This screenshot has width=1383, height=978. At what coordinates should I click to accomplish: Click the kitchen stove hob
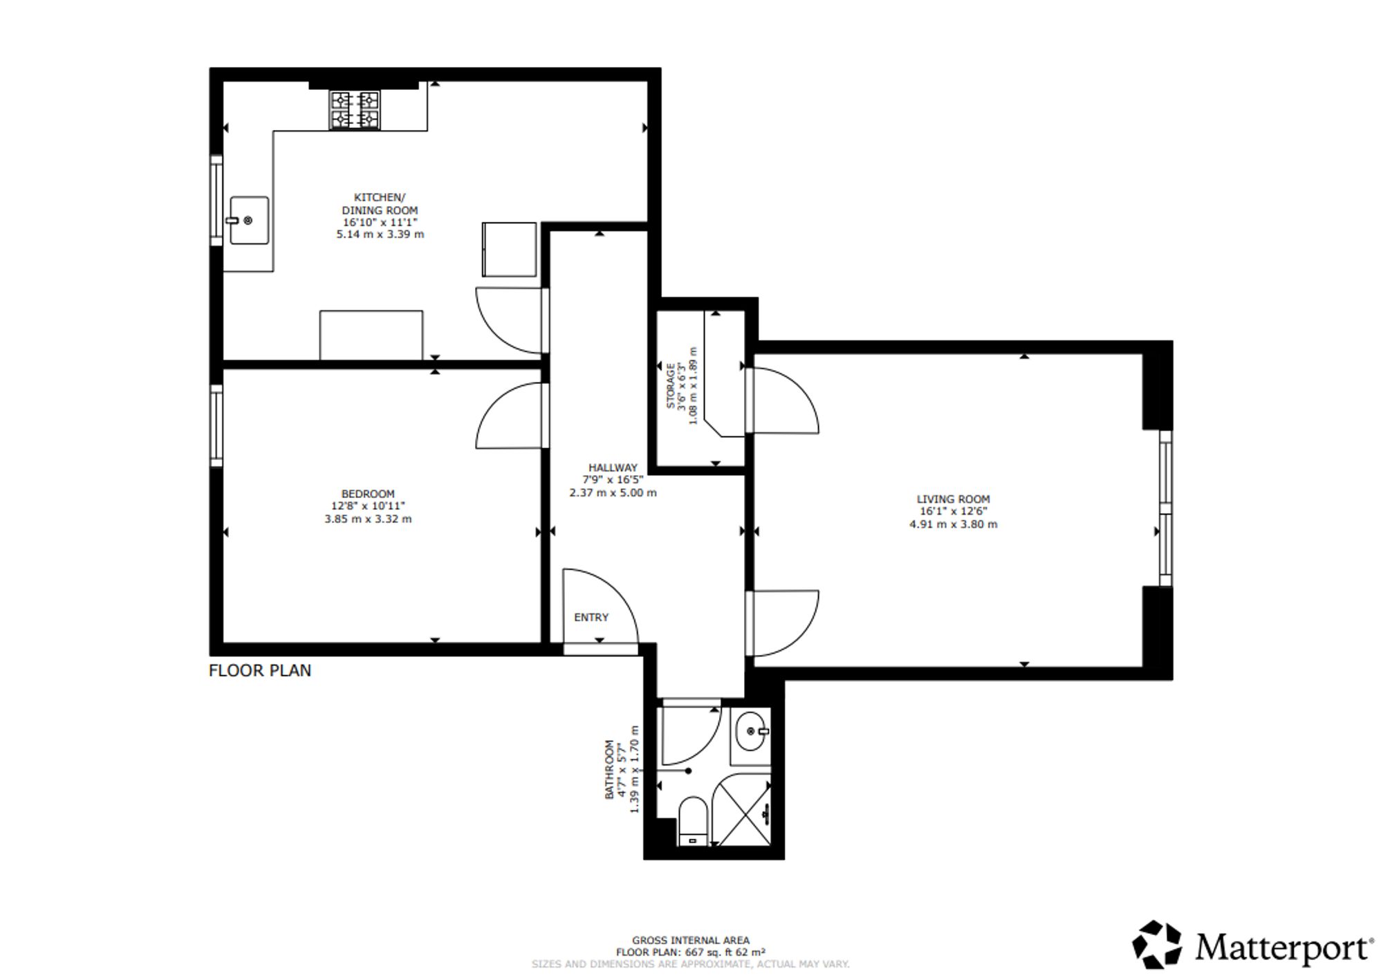click(355, 111)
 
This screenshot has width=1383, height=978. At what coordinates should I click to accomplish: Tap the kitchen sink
click(249, 220)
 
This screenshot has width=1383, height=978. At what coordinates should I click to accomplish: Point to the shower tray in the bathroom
click(741, 809)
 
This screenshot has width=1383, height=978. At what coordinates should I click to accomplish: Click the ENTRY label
click(591, 617)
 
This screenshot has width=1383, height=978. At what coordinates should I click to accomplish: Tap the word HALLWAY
click(613, 468)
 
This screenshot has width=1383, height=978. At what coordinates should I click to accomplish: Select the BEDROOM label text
click(368, 494)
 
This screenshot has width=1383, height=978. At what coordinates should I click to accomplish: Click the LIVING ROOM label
click(953, 499)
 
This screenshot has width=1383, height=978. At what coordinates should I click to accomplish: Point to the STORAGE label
click(670, 385)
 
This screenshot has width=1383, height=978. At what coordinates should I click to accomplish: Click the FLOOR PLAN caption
click(260, 670)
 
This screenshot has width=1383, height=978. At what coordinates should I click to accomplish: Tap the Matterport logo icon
click(1157, 944)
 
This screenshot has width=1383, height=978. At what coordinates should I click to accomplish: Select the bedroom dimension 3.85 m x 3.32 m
click(368, 519)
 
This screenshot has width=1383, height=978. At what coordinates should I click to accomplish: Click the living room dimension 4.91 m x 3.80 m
click(953, 524)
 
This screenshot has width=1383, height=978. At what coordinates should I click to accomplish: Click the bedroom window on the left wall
click(216, 425)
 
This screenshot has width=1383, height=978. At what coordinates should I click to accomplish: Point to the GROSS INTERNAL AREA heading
click(690, 940)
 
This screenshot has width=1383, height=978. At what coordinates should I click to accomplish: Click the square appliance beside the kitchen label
click(509, 249)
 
